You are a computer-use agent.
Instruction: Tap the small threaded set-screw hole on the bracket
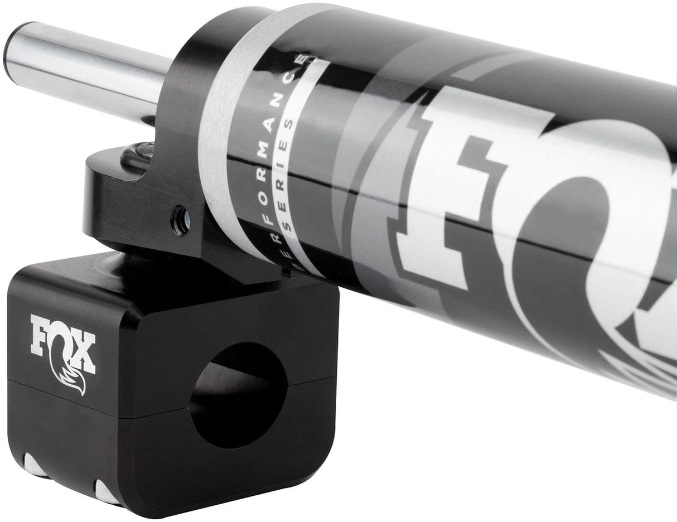(180, 214)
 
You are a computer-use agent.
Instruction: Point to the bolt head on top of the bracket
(146, 149)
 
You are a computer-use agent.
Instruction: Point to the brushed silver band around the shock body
(223, 139)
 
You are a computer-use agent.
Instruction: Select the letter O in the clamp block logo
(61, 344)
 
